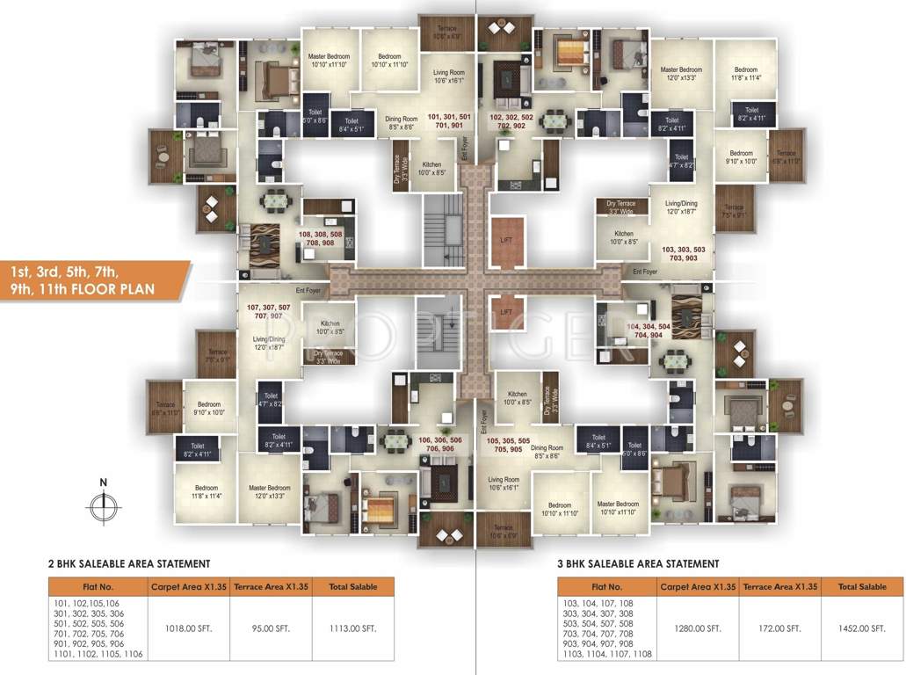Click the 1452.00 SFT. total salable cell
(861, 628)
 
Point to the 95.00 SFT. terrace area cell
(272, 628)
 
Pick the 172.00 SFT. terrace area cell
(780, 628)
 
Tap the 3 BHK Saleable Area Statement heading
(638, 563)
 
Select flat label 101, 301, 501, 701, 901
(449, 121)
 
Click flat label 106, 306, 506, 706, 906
(436, 444)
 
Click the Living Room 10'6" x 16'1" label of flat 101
(448, 76)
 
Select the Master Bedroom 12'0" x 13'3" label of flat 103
(681, 74)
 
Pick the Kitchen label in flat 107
(330, 328)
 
